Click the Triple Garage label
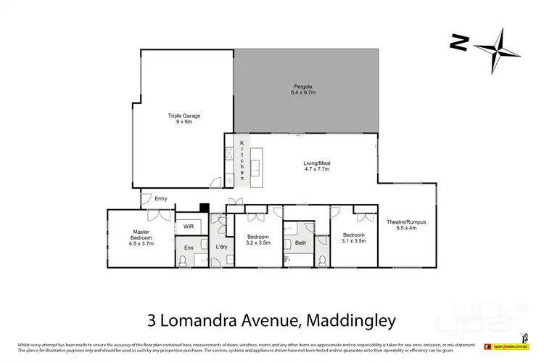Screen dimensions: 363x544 point(184,115)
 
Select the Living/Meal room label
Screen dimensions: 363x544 point(316,164)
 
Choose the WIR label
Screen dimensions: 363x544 point(189,227)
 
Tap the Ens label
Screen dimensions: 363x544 point(189,248)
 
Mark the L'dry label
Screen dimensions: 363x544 point(223,248)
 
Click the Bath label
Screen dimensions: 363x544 point(301,243)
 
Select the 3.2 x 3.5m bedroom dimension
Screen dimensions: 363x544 point(258,243)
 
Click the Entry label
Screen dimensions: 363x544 point(160,199)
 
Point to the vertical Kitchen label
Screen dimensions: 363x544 point(233,162)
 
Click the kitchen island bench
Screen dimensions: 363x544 point(255,163)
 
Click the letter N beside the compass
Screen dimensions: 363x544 point(458,44)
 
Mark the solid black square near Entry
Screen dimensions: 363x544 point(205,207)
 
